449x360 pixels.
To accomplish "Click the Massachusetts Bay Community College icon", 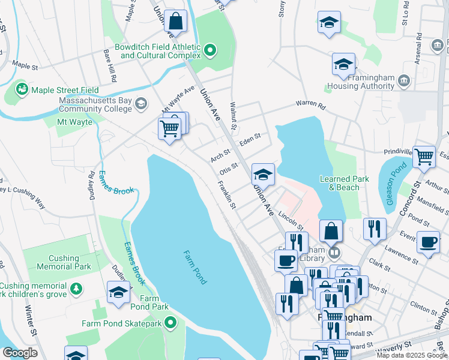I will [x=141, y=104].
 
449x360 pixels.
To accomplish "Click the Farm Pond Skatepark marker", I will [x=170, y=323].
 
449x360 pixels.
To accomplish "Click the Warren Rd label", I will [x=310, y=105].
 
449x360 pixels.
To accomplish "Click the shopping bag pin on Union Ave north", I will [x=176, y=22].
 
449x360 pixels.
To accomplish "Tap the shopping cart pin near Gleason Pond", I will [x=424, y=157].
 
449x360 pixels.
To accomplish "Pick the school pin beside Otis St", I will [x=263, y=175].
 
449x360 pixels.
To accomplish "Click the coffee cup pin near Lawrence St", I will [x=428, y=242].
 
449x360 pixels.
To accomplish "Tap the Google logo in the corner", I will [x=19, y=353].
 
